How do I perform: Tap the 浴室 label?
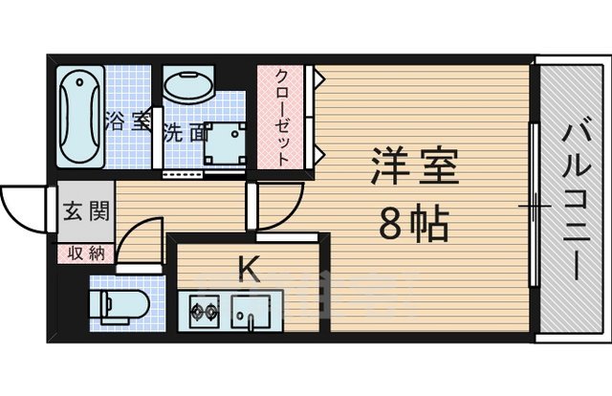(127, 121)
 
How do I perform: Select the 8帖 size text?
(411, 226)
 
